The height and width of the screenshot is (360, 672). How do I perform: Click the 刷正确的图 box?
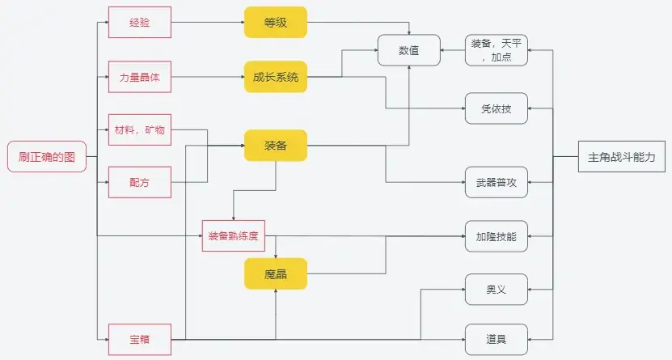[47, 157]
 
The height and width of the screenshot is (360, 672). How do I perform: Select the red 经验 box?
[139, 23]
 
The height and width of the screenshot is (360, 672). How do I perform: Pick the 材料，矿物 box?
[139, 129]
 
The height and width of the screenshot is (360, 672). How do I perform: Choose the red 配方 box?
[139, 182]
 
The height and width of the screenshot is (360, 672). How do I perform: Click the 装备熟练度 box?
[233, 236]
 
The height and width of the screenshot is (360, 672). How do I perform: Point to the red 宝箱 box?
[139, 339]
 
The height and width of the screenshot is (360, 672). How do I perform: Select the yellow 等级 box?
[276, 23]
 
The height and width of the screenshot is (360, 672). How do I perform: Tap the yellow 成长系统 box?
[276, 77]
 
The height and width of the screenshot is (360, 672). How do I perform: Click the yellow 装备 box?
[276, 146]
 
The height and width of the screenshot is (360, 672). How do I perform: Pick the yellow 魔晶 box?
[276, 274]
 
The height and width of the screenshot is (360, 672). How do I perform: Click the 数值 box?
[408, 50]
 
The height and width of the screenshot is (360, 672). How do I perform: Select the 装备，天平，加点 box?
[497, 50]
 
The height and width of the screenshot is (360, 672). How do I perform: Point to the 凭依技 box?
[497, 108]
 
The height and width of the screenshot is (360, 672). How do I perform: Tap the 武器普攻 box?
[497, 182]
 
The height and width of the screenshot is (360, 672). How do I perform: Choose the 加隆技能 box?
[497, 236]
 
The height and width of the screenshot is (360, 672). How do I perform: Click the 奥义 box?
[497, 290]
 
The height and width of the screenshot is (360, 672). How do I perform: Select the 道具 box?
[497, 339]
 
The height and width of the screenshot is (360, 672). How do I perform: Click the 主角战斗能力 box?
[622, 157]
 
